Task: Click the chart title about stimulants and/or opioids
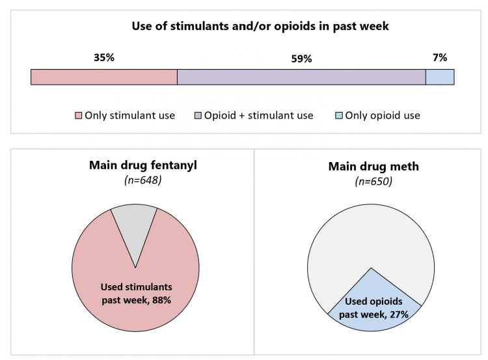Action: tap(260, 27)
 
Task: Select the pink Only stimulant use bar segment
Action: tap(104, 77)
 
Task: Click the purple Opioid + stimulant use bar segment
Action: tap(301, 77)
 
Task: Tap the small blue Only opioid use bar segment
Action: tap(439, 77)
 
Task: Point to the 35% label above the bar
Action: tap(104, 58)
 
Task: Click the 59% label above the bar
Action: tap(301, 59)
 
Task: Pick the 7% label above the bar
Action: tap(440, 58)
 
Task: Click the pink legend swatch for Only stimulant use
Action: tap(78, 116)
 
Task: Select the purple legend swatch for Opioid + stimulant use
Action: tap(198, 116)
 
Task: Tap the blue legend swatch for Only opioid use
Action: tap(339, 116)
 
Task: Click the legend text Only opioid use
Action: tap(383, 116)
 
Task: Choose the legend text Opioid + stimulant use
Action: tap(258, 116)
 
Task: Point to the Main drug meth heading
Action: tap(373, 167)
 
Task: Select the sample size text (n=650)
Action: tap(373, 182)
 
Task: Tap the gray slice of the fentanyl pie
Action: tap(134, 225)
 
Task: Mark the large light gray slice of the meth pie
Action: tap(371, 234)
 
